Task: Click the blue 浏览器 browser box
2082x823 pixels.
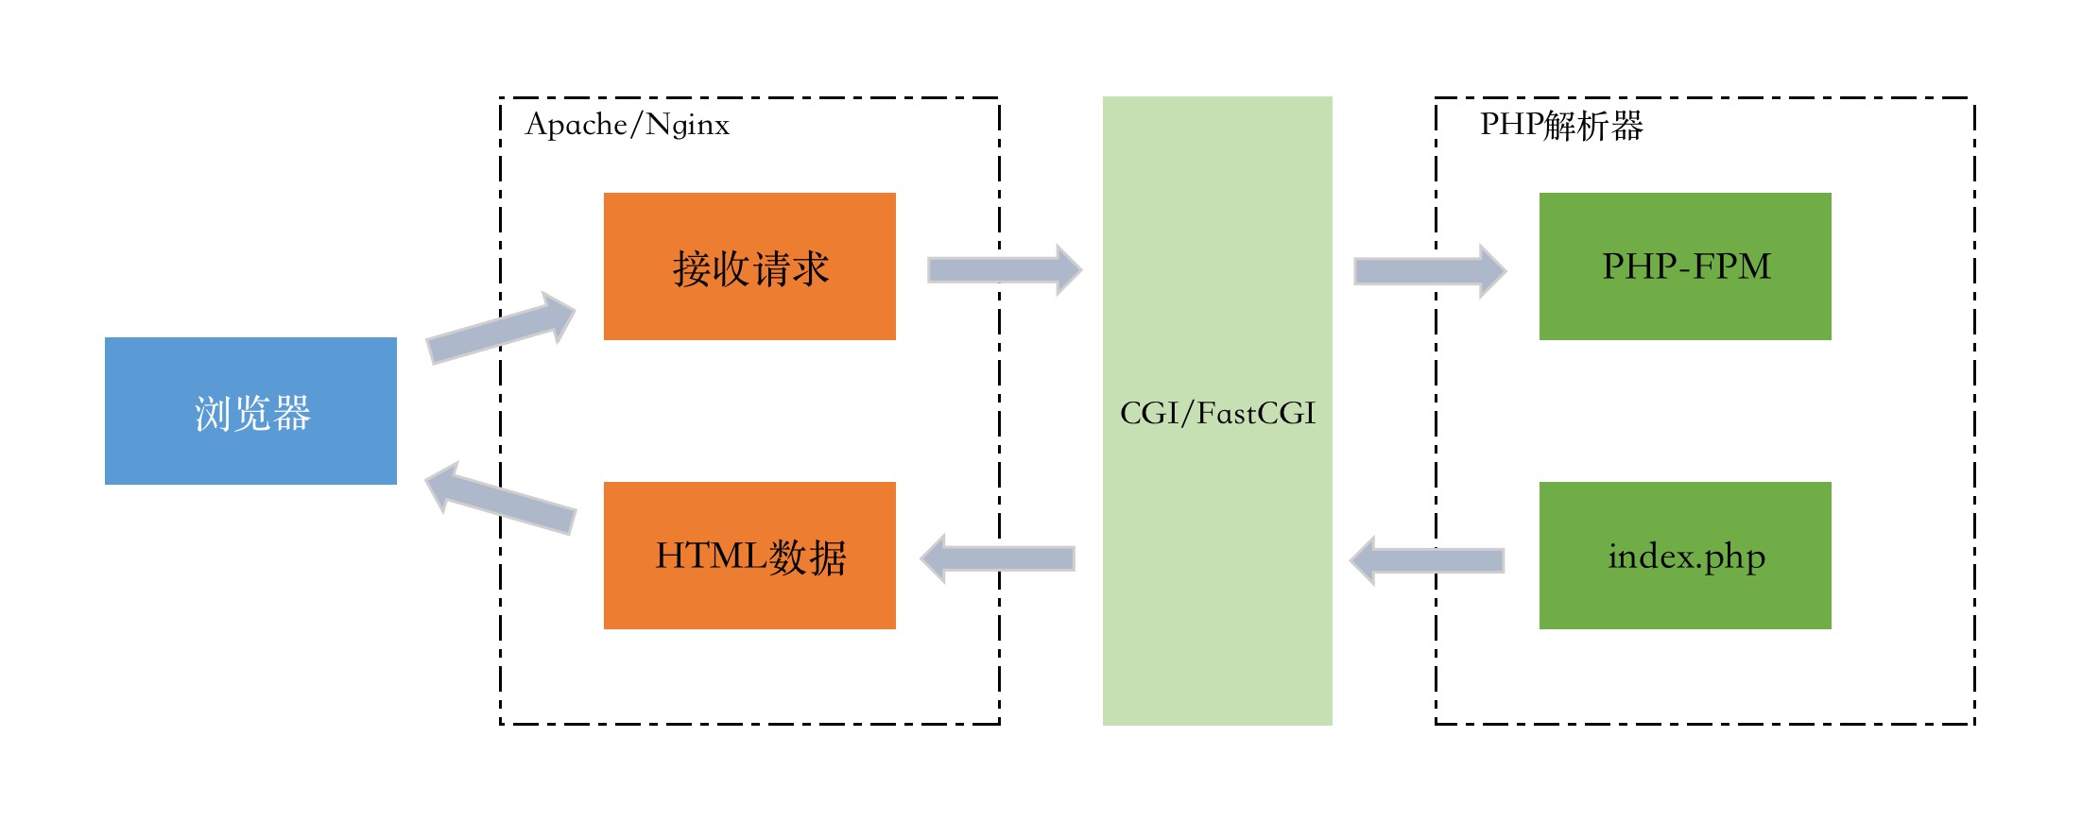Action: point(250,411)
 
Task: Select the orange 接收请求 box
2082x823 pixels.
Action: point(749,266)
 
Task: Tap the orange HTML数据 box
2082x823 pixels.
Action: point(749,556)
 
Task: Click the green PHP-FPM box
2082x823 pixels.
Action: point(1685,266)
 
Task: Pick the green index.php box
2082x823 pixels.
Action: point(1685,556)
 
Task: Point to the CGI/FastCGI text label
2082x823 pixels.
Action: point(1217,413)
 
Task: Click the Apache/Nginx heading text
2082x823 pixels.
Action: point(628,125)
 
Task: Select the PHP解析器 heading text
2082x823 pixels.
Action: point(1561,125)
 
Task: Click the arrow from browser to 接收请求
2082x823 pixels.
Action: point(501,328)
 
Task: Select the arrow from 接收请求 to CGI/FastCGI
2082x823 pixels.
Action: point(1005,270)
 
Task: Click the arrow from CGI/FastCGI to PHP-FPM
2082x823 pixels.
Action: point(1430,271)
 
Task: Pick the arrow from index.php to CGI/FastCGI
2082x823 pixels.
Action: point(1427,560)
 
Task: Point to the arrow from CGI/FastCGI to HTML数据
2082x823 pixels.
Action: point(998,558)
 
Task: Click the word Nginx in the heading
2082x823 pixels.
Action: point(688,125)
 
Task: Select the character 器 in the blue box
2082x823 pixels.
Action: point(292,413)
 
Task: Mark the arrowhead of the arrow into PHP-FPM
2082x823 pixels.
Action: point(1491,271)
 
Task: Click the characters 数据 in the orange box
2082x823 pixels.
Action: point(807,557)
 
